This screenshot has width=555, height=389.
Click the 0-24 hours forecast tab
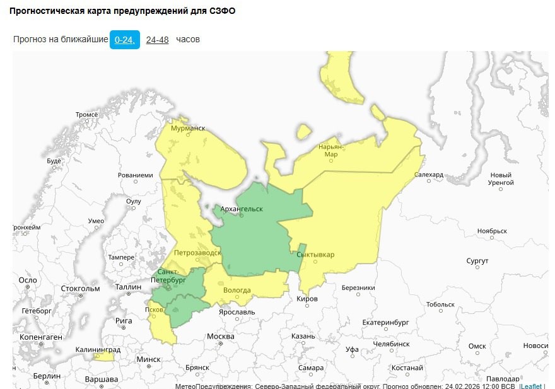[x=124, y=40]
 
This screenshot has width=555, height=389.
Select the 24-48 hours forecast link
[x=157, y=40]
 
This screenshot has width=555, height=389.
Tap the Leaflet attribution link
[x=532, y=385]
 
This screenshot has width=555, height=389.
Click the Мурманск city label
[x=189, y=128]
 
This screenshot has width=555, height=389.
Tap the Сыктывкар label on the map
[x=315, y=255]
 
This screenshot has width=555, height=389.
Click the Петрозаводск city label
[x=197, y=252]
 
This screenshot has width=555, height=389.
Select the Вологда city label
[x=237, y=290]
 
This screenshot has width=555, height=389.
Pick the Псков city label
[x=154, y=310]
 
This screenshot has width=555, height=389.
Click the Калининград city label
[x=98, y=349]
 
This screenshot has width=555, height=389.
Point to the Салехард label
[x=429, y=175]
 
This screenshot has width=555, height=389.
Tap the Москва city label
[x=221, y=336]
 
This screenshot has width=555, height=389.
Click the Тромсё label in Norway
[x=87, y=115]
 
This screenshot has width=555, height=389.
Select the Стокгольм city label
[x=81, y=289]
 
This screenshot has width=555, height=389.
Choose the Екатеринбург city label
[x=386, y=322]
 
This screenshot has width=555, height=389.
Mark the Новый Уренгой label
[x=502, y=179]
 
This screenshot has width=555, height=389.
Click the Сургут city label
[x=477, y=260]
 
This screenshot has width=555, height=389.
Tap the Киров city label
[x=307, y=298]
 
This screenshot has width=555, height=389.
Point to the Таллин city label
[x=129, y=287]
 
